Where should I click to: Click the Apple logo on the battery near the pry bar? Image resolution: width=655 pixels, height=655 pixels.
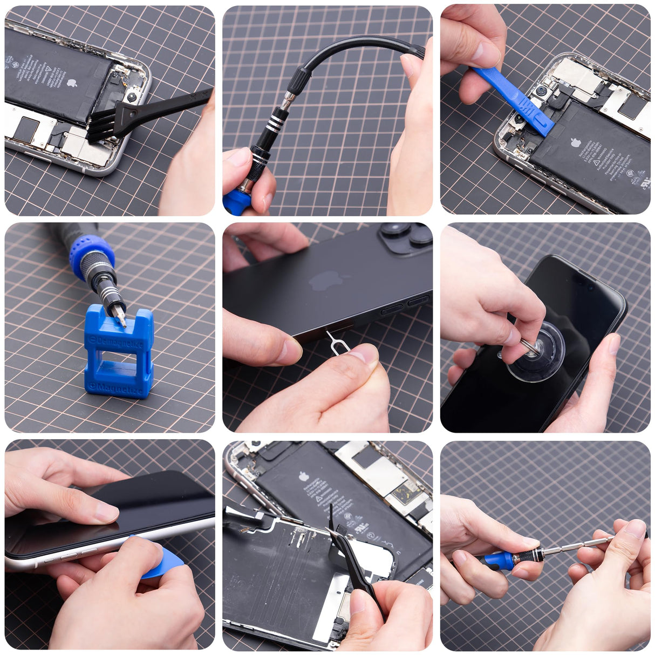[x=576, y=142]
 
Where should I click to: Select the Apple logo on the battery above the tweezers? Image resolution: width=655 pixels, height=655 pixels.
[x=304, y=476]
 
